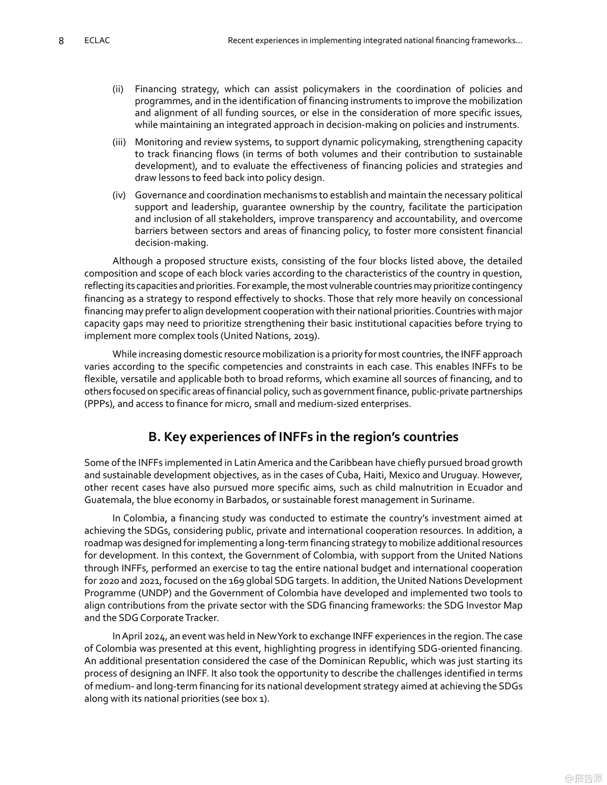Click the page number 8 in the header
click(61, 41)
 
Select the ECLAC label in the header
click(97, 40)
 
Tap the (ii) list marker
click(118, 89)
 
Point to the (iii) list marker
click(119, 142)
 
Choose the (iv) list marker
click(119, 195)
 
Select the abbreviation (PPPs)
click(100, 404)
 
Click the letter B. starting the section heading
click(154, 437)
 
